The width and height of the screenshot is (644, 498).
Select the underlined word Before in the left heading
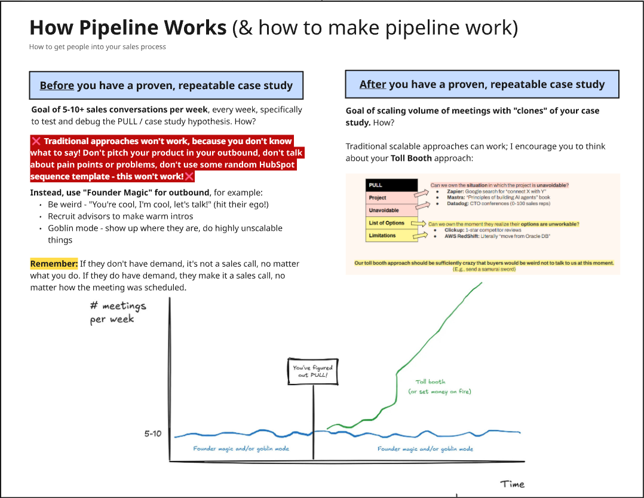pos(57,85)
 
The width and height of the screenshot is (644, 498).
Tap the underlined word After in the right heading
pos(373,85)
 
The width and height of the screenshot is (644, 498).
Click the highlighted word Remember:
pos(54,264)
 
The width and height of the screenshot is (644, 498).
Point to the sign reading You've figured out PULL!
pos(312,371)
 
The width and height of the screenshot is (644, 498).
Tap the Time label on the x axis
pos(513,484)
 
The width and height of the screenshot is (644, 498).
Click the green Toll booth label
pos(430,381)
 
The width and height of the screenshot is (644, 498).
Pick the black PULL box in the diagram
pos(391,185)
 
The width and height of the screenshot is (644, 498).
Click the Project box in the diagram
pos(391,198)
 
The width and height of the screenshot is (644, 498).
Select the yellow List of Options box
pos(391,223)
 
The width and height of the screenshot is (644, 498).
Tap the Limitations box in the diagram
pos(391,236)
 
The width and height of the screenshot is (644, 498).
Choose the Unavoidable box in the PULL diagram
pos(391,210)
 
